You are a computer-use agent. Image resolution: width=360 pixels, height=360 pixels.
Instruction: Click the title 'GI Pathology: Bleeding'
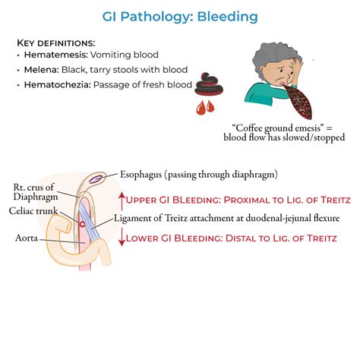(180, 16)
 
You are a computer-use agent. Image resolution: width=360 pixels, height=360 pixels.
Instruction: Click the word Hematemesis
(55, 55)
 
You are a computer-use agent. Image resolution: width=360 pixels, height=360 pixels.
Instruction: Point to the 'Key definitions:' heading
(55, 42)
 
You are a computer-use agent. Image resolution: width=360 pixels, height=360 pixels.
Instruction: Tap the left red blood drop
(201, 107)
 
